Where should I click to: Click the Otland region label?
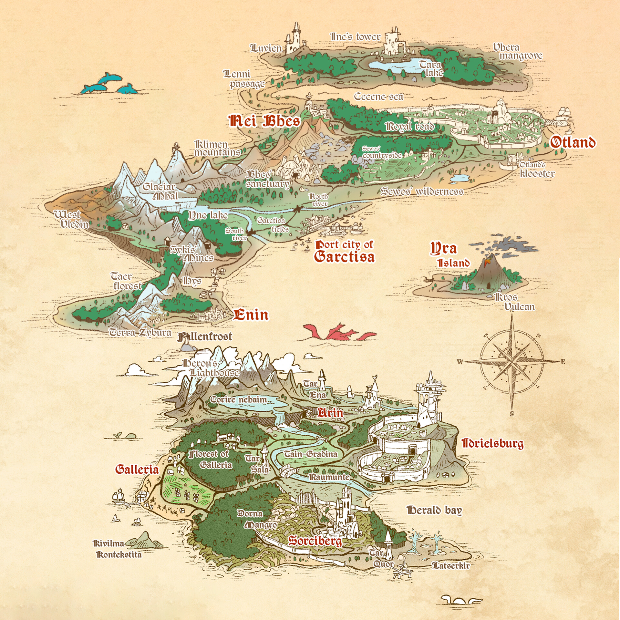coord(573,142)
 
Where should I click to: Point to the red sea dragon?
coord(339,333)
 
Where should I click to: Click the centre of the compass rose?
coord(512,361)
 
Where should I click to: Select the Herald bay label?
coord(434,510)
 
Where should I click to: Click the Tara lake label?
coord(431,68)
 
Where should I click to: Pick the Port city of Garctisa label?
coord(344,252)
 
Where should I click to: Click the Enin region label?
coord(251,315)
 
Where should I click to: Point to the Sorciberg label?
coord(315,541)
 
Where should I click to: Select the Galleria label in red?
coord(137,469)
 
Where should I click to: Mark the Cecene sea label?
coord(378,97)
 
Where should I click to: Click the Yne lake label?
coord(208,215)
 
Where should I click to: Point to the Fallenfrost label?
coord(205,337)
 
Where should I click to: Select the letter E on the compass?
coord(563,362)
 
